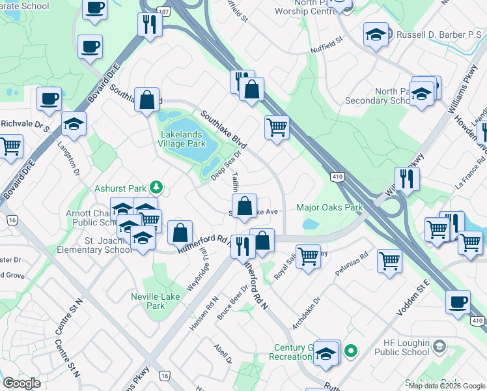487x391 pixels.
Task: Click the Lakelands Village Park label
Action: tap(183, 139)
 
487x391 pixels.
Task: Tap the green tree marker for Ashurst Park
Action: tap(156, 188)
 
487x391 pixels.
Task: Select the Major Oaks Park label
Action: tap(329, 209)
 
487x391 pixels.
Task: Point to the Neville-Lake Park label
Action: tap(155, 301)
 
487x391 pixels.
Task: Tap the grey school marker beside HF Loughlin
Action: tap(440, 345)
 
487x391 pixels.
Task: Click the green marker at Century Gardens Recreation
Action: tap(351, 352)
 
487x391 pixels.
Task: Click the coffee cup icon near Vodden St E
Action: tap(458, 302)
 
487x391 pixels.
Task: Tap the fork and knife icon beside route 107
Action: tap(150, 25)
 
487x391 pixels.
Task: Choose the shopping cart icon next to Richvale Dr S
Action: tap(10, 147)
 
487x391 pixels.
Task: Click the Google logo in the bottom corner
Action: tap(21, 383)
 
